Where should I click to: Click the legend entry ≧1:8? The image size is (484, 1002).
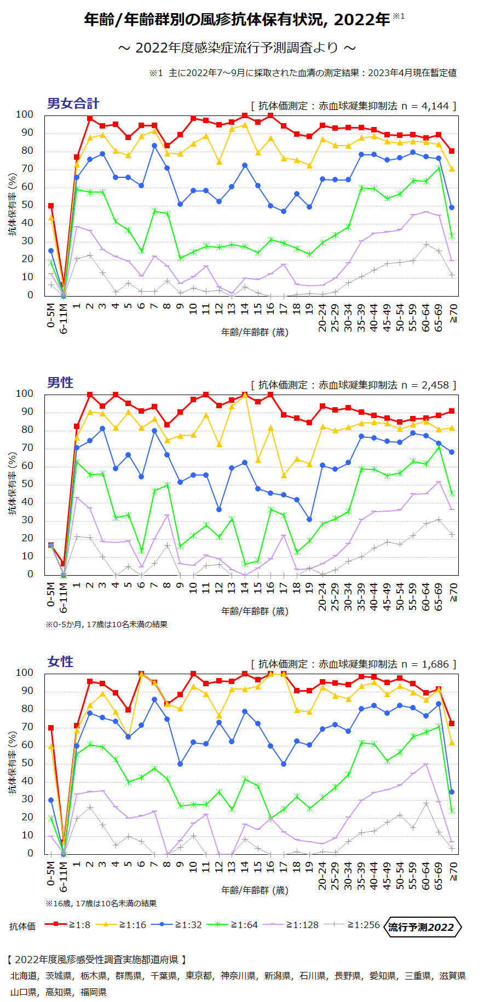pos(67,924)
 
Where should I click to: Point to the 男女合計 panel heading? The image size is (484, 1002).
pos(73,103)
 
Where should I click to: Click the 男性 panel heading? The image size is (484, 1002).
pos(60,383)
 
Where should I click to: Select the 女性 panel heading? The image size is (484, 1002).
pos(60,662)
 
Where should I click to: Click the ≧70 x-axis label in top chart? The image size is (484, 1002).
pos(453,312)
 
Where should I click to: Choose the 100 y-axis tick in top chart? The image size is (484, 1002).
pos(25,114)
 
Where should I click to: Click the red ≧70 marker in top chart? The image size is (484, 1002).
pos(451,151)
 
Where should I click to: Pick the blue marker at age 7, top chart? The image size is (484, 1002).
pos(154,146)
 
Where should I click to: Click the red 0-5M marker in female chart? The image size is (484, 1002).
pos(51,728)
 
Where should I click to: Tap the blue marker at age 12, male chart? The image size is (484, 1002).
pos(219,509)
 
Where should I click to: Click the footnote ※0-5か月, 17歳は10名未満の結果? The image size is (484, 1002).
pos(107,624)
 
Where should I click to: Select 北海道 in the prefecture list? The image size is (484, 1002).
pos(23,976)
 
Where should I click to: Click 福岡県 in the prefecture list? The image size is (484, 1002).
pos(93,992)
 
